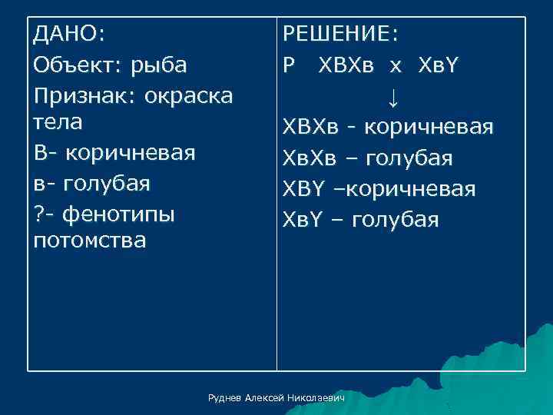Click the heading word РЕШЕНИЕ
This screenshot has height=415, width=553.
tap(338, 35)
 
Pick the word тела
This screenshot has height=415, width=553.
tap(58, 122)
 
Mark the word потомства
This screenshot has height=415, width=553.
tap(89, 241)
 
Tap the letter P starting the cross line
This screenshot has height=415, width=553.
tap(289, 65)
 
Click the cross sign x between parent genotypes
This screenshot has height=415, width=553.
tap(395, 66)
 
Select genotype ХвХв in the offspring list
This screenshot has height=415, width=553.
tap(313, 158)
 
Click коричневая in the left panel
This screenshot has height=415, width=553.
tap(131, 152)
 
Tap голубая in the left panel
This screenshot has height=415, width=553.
tap(108, 184)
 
